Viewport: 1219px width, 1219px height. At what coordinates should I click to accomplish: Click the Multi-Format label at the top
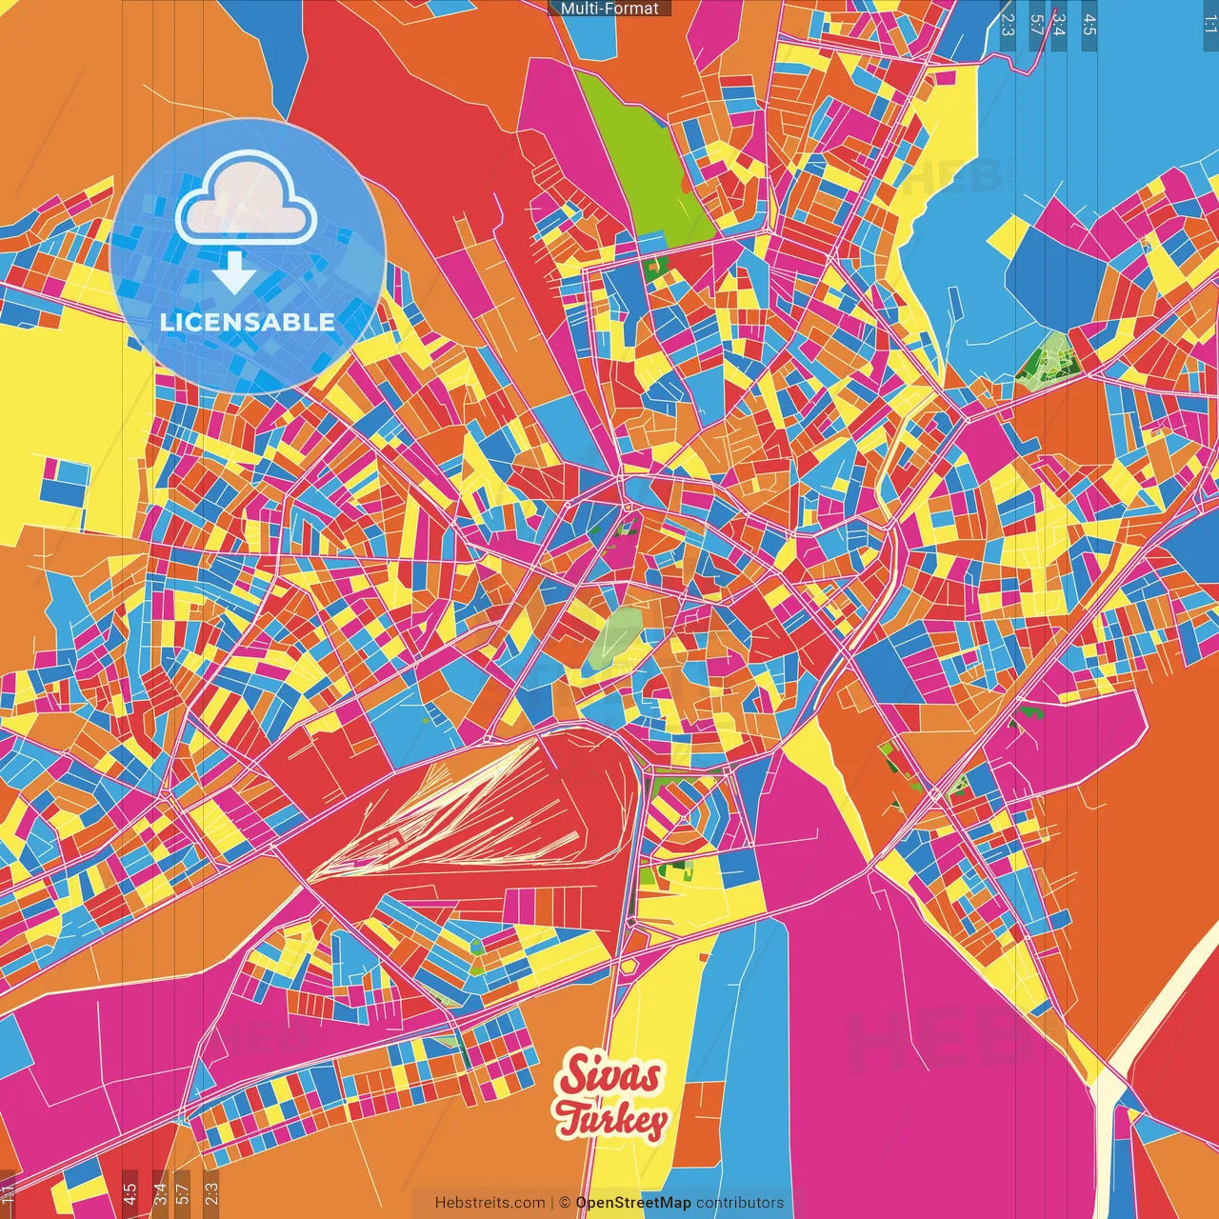[x=609, y=8]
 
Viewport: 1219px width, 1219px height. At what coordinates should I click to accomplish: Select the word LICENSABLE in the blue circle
[x=247, y=322]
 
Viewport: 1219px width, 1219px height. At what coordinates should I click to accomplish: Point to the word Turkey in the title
[x=611, y=1121]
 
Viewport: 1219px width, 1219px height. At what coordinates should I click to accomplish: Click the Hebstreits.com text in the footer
[x=490, y=1203]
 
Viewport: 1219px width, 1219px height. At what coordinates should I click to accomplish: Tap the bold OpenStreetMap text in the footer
[x=633, y=1203]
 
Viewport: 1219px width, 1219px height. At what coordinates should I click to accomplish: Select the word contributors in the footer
[x=740, y=1203]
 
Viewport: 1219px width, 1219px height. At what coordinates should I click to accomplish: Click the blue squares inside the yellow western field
[x=65, y=482]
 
